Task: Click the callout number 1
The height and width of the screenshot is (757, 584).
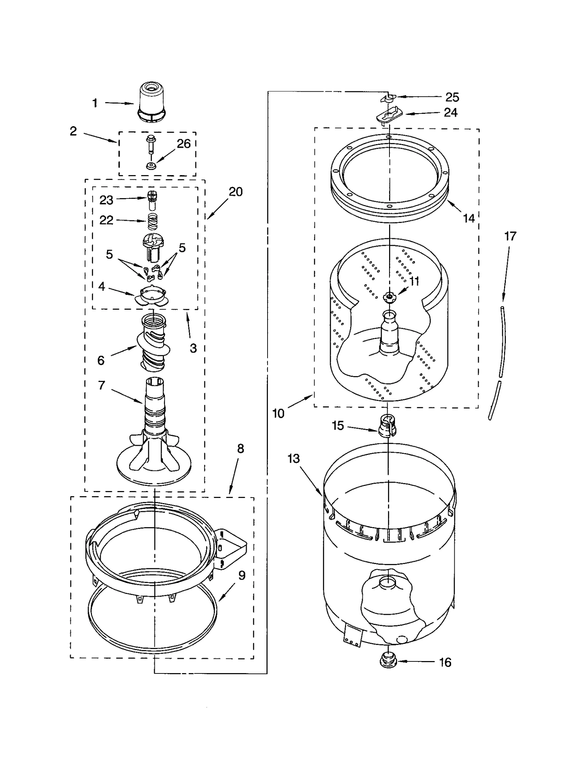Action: point(95,103)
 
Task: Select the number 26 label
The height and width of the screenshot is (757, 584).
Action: point(184,144)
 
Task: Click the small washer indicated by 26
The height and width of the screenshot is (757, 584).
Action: point(150,166)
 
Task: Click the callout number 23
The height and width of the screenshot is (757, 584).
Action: point(106,200)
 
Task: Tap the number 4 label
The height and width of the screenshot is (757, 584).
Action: point(101,286)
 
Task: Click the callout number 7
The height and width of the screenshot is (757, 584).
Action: point(101,385)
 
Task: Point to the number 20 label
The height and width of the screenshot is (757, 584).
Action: point(235,192)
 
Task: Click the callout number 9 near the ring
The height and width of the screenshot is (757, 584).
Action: point(242,575)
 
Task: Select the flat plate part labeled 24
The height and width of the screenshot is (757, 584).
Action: point(389,116)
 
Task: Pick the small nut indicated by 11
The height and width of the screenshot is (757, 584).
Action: point(389,297)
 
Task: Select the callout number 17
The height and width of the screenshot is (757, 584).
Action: point(510,236)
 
